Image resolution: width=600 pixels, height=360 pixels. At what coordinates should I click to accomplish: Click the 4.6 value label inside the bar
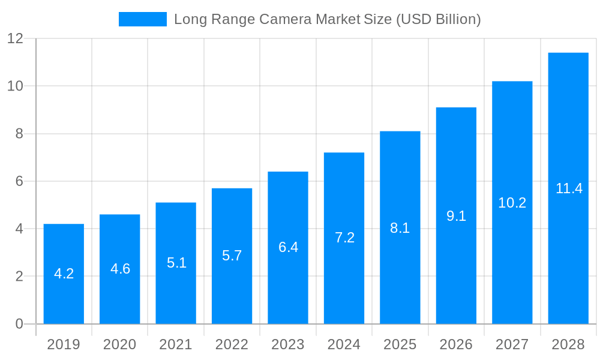click(120, 269)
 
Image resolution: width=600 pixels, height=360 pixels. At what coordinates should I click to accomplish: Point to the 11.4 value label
click(569, 188)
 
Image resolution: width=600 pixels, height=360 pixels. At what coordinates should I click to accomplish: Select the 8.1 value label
click(400, 228)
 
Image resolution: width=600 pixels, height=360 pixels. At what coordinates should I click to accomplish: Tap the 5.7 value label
click(232, 256)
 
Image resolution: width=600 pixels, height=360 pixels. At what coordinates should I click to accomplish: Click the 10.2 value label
click(512, 203)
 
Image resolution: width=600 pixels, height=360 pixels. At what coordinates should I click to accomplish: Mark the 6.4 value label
click(288, 247)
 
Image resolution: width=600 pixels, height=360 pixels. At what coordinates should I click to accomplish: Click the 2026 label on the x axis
click(456, 344)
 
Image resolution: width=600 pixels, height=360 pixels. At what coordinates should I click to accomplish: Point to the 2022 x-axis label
click(232, 344)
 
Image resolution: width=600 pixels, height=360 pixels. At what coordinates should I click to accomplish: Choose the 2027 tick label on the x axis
click(512, 344)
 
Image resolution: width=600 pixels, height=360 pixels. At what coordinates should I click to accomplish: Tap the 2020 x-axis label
click(120, 344)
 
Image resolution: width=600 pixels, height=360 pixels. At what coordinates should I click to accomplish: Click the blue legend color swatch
click(143, 19)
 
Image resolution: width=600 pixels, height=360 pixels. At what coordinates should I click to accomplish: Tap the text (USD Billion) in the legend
click(438, 19)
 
